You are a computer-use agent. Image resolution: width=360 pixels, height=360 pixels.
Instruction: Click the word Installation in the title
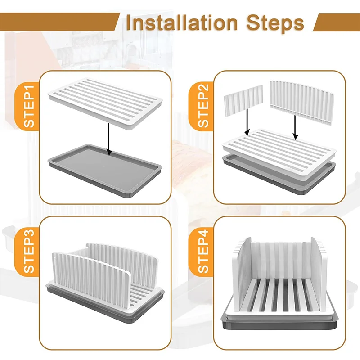pyautogui.click(x=182, y=23)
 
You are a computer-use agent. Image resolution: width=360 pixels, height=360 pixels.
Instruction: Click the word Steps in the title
pyautogui.click(x=275, y=24)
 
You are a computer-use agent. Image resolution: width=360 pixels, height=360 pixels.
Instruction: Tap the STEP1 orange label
pyautogui.click(x=28, y=107)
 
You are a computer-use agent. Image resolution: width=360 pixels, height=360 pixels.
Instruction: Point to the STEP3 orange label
pyautogui.click(x=28, y=252)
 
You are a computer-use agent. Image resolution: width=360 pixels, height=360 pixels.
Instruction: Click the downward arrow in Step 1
pyautogui.click(x=109, y=139)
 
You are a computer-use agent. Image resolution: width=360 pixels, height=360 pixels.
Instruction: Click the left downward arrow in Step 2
pyautogui.click(x=247, y=122)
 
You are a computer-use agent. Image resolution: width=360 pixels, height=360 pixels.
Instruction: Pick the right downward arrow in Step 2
pyautogui.click(x=295, y=127)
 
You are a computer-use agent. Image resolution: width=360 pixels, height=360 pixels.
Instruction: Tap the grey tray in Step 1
pyautogui.click(x=105, y=171)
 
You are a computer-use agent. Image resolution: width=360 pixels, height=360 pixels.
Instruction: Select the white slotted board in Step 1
pyautogui.click(x=105, y=104)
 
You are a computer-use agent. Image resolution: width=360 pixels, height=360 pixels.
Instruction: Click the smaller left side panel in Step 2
pyautogui.click(x=243, y=100)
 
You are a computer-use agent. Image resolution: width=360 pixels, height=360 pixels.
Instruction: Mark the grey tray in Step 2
pyautogui.click(x=279, y=177)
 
